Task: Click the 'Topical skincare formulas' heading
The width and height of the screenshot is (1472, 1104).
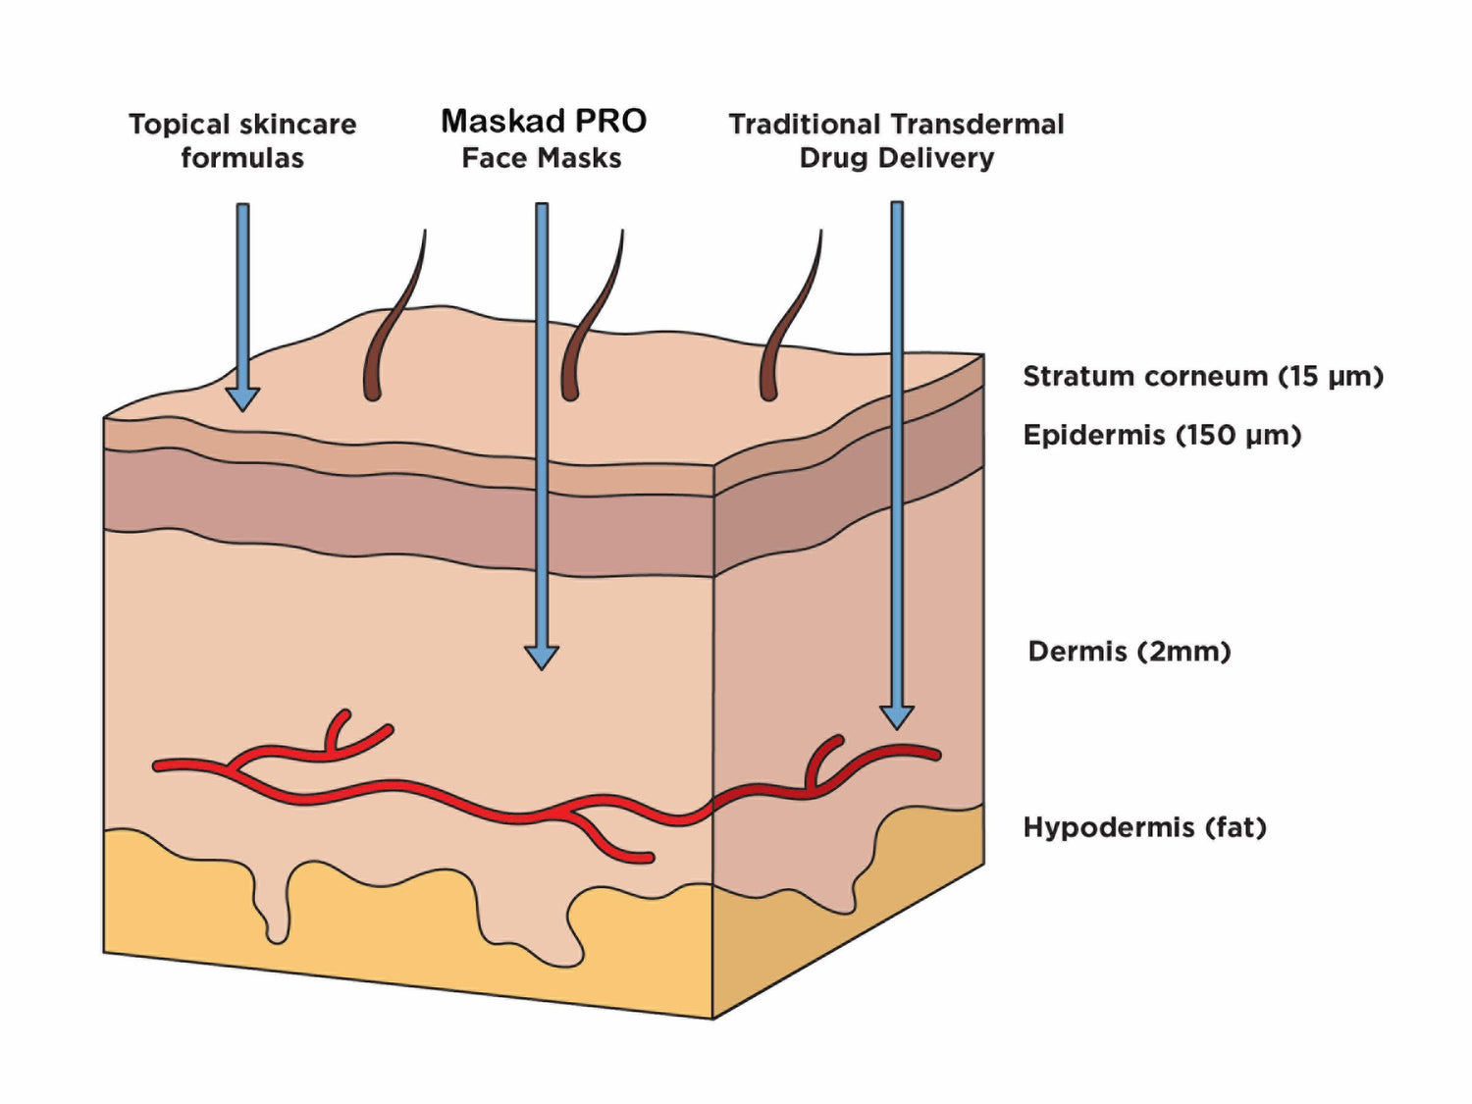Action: [242, 140]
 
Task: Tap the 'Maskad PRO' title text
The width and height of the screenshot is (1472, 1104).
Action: [543, 121]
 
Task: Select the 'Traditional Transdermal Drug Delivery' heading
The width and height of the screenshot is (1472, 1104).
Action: [896, 140]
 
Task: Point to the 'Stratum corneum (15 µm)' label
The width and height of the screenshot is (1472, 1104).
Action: [1202, 376]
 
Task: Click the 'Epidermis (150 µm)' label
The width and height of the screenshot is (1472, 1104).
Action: [1162, 435]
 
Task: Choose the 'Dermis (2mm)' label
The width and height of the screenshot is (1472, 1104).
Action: [1129, 651]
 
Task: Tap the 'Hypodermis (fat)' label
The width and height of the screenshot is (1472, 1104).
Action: [1144, 827]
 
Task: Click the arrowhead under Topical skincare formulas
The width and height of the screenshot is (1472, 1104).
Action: [242, 398]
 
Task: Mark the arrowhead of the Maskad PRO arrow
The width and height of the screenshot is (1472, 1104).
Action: [542, 657]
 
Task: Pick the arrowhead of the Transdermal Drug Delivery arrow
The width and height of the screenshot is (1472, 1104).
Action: [897, 716]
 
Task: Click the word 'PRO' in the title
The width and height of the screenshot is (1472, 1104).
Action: [610, 121]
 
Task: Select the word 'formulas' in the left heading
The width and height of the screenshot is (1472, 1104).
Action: [242, 158]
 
